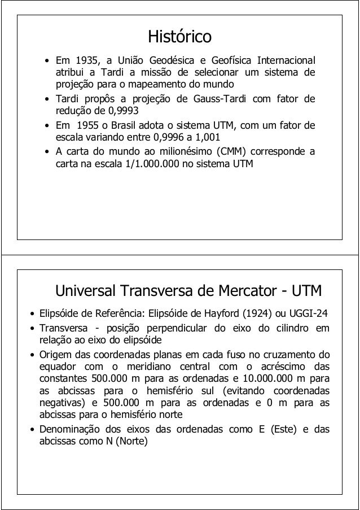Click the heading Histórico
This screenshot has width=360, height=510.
coord(179,38)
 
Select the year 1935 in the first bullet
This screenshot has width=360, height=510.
coord(81,60)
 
